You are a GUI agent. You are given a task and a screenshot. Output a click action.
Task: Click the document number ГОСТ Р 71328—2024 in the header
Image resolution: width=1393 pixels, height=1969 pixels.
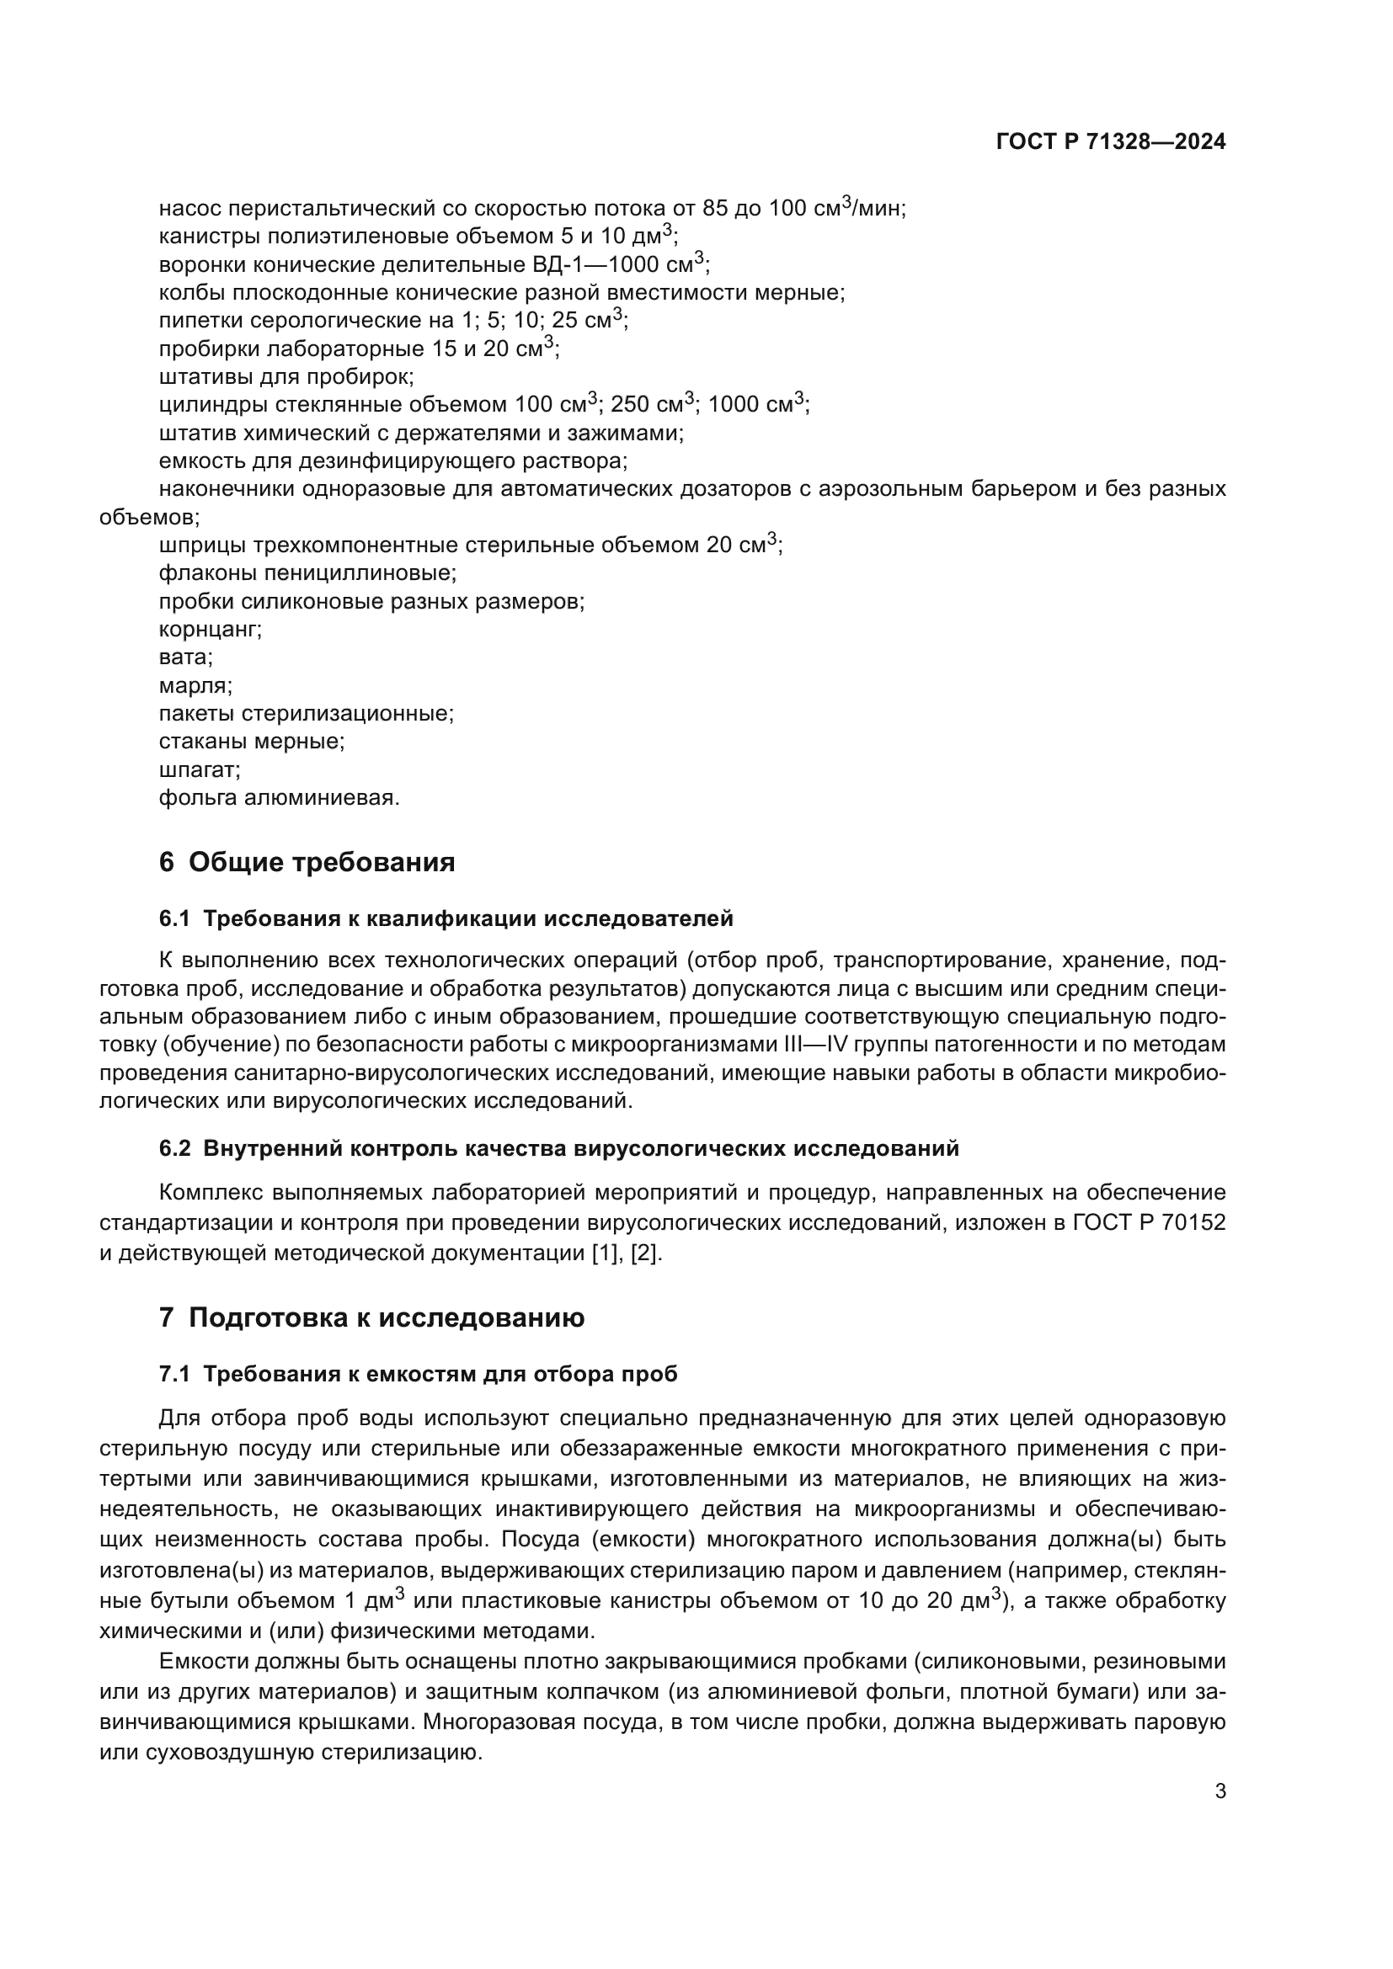tap(1111, 142)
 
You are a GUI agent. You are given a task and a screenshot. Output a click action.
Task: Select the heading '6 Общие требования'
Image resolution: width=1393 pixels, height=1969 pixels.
tap(307, 863)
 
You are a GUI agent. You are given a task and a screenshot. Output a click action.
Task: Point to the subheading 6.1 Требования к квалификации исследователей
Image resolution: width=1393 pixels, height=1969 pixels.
tap(446, 919)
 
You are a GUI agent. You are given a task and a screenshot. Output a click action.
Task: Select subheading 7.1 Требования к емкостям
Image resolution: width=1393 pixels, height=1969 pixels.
tap(418, 1374)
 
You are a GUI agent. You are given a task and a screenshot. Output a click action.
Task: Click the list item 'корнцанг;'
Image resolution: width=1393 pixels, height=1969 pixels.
tap(211, 630)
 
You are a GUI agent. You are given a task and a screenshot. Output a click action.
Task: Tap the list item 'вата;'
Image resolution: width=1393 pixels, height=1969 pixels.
tap(185, 657)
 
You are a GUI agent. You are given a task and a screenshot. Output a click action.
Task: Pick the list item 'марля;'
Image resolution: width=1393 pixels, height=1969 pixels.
tap(195, 686)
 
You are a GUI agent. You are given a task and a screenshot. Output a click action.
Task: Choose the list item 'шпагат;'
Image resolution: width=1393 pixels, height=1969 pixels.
tap(199, 770)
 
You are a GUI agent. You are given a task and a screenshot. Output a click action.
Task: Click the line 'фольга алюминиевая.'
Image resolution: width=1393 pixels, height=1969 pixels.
tap(279, 798)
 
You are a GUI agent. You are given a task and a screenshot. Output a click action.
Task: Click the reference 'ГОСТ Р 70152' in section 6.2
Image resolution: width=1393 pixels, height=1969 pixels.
tap(1149, 1223)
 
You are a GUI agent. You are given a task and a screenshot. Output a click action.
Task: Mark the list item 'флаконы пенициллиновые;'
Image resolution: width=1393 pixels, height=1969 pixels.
tap(307, 574)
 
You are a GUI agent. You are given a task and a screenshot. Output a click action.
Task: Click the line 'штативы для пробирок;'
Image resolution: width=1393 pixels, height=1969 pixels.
tap(286, 377)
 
